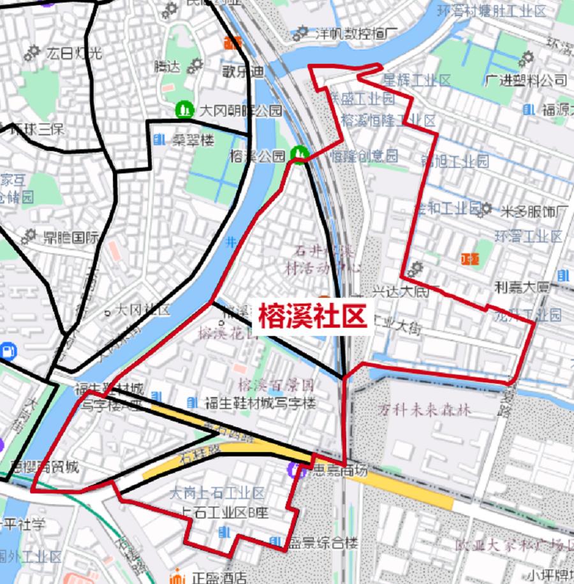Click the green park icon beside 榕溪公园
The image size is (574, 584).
click(298, 154)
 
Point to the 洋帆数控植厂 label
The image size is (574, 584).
click(357, 33)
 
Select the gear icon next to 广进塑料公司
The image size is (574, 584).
click(526, 59)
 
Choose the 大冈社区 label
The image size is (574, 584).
click(142, 310)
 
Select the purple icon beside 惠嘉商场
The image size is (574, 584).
click(295, 471)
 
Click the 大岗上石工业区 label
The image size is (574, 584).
click(217, 493)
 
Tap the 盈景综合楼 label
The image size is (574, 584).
click(322, 543)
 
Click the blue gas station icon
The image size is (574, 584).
click(8, 350)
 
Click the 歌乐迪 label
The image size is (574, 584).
click(242, 72)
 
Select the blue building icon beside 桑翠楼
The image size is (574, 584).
click(159, 139)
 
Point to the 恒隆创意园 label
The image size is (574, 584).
click(364, 155)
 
